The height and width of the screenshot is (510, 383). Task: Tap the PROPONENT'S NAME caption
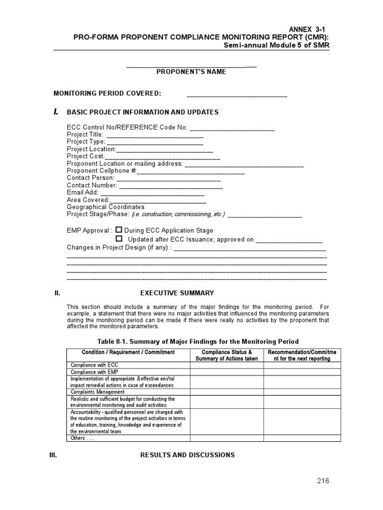click(x=191, y=72)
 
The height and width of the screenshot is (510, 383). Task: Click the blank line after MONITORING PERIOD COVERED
click(x=237, y=95)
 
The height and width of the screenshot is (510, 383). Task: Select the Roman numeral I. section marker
click(x=56, y=112)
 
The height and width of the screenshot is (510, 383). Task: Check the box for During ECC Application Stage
click(x=119, y=230)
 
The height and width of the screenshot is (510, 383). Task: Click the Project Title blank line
click(x=155, y=135)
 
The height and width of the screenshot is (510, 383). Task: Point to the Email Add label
click(x=82, y=192)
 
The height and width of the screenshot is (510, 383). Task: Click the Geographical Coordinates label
click(x=106, y=207)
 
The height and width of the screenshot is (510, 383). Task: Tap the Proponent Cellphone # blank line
click(x=191, y=172)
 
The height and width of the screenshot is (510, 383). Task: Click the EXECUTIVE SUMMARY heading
click(x=177, y=293)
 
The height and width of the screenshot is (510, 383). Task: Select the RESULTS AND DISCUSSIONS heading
click(x=187, y=455)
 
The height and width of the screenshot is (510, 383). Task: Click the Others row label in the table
click(x=82, y=438)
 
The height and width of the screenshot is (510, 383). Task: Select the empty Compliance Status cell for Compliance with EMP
click(x=226, y=372)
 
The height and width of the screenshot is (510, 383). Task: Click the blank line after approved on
click(x=289, y=240)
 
